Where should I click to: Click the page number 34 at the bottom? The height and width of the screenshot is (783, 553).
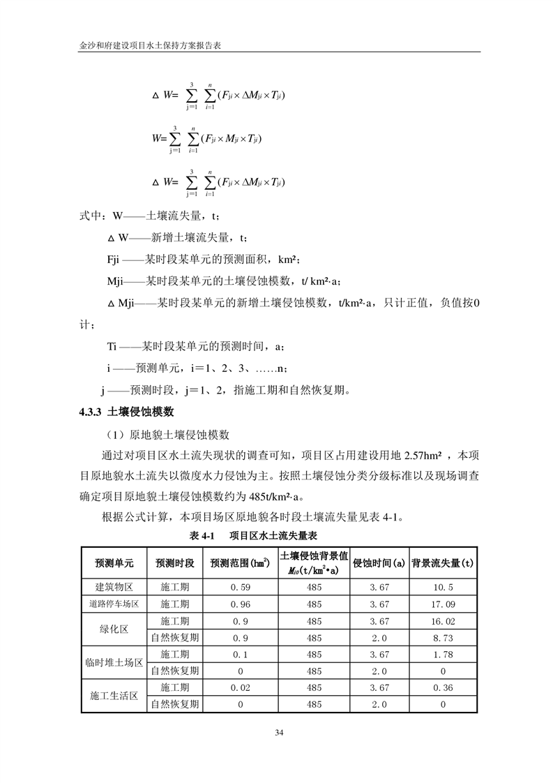[279, 733]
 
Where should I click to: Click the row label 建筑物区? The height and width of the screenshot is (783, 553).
[114, 588]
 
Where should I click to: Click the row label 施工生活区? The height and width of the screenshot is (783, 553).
[114, 696]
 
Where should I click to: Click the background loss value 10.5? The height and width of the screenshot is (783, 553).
[444, 588]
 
